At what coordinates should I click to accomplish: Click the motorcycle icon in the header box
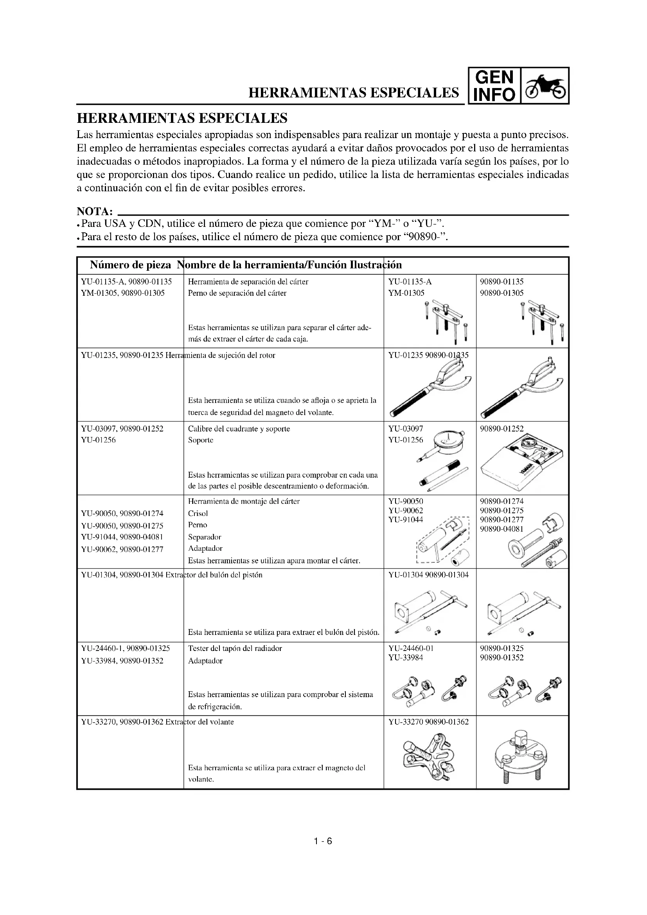coord(545,86)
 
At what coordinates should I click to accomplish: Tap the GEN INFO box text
coord(494,86)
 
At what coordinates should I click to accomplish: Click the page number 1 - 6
coord(323,841)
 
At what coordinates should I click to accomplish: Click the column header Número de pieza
coord(130,265)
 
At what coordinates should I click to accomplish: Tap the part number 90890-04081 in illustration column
coord(501,529)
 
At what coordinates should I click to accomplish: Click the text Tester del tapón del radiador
coord(235,648)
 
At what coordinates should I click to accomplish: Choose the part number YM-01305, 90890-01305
coord(123,293)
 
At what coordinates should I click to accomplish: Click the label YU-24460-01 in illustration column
coord(411,648)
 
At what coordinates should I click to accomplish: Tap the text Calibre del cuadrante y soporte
coord(239,429)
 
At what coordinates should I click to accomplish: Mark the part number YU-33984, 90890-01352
coord(122,661)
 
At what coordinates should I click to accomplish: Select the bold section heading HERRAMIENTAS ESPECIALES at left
coord(182,119)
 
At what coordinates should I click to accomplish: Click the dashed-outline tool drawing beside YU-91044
coord(443,540)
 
